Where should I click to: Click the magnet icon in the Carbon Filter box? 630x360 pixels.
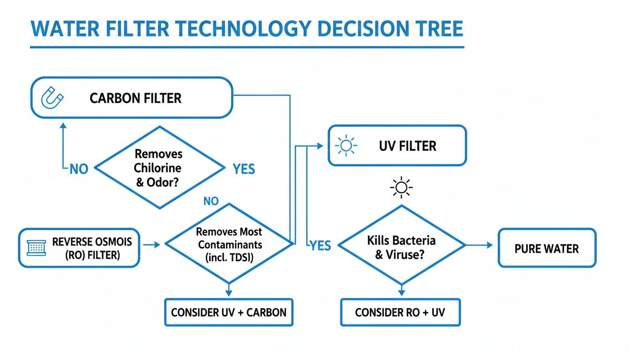click(52, 98)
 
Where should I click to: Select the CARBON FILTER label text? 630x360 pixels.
click(135, 98)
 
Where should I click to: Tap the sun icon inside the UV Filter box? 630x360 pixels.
click(346, 146)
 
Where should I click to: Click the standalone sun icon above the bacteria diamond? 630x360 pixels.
click(401, 188)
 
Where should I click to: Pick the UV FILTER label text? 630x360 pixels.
click(407, 146)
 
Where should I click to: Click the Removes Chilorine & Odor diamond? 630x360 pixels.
click(159, 167)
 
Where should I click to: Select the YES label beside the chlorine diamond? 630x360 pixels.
click(244, 169)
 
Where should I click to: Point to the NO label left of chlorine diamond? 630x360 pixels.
click(79, 169)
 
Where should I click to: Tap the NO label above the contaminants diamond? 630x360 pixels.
click(211, 202)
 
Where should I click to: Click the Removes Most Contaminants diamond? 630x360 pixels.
click(229, 244)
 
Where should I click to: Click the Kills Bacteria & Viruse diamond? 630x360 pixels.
click(401, 245)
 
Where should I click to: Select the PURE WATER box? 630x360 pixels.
click(547, 248)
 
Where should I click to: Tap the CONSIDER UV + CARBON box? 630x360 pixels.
click(229, 312)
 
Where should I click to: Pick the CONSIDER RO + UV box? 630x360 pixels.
click(400, 312)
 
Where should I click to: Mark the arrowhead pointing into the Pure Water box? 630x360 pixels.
click(490, 245)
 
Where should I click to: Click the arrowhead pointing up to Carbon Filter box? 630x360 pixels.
click(63, 126)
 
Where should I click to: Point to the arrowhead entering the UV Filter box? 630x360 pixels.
click(320, 146)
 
